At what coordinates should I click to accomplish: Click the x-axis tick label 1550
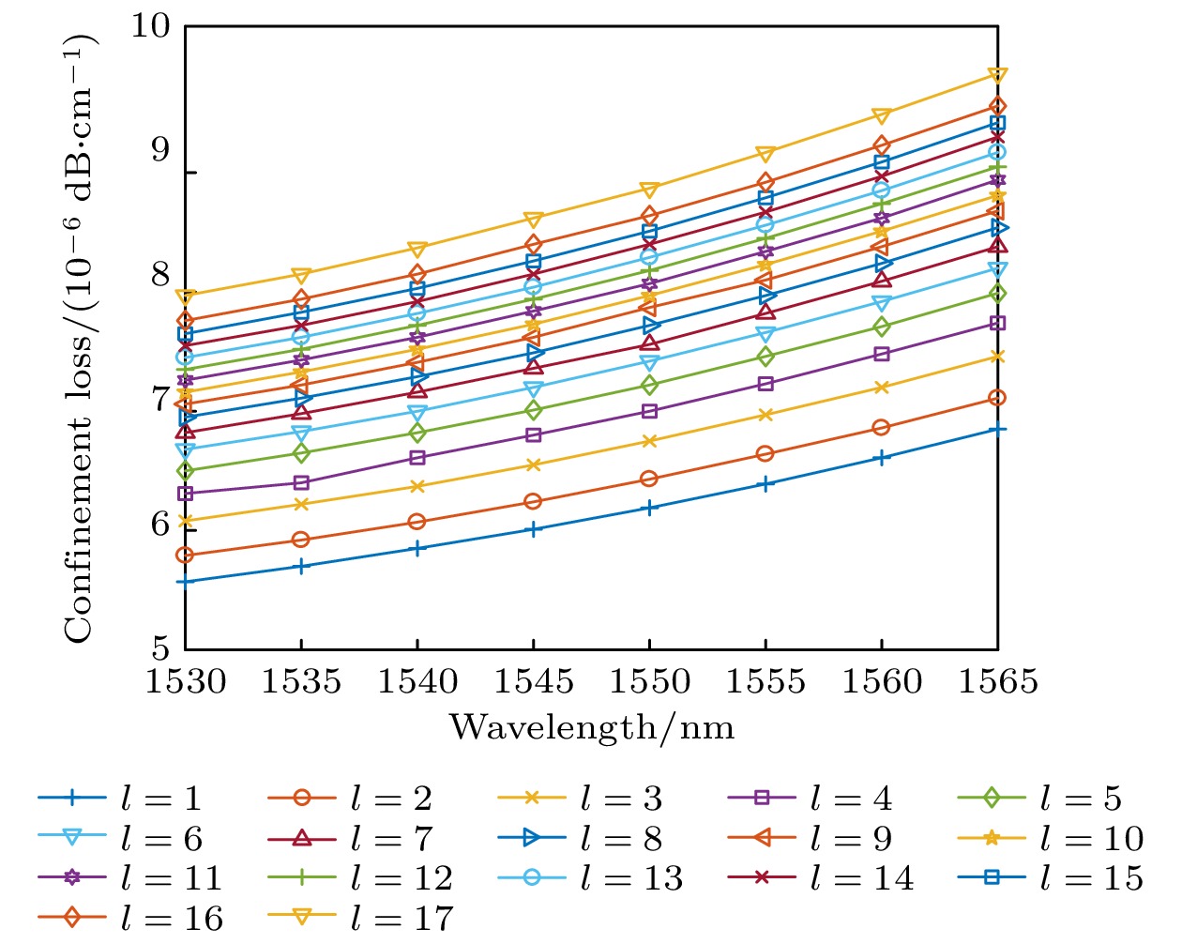[649, 682]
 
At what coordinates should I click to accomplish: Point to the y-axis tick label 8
[160, 274]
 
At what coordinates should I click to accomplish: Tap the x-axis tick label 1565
[997, 682]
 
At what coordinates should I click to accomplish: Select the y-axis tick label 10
[150, 25]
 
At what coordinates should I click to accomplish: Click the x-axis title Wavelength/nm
[591, 727]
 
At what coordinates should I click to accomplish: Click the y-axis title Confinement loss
[79, 338]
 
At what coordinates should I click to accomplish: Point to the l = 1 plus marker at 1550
[649, 508]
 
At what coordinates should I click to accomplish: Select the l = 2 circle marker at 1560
[881, 428]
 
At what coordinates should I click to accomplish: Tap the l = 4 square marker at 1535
[301, 482]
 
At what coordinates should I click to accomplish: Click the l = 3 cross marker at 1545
[533, 464]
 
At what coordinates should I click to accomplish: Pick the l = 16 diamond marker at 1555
[765, 182]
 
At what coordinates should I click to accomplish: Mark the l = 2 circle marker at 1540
[417, 522]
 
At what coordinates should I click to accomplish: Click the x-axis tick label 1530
[186, 682]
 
